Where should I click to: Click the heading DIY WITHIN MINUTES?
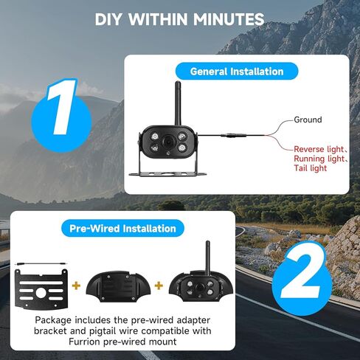tap(179, 18)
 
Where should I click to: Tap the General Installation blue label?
tap(236, 72)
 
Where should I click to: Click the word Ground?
tap(308, 120)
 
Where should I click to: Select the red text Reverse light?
tap(318, 148)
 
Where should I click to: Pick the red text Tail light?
tap(311, 169)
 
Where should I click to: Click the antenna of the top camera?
tap(178, 100)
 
